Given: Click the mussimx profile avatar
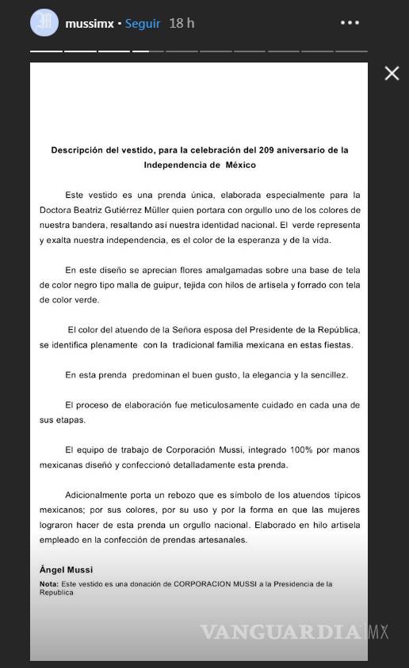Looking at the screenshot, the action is pos(44,22).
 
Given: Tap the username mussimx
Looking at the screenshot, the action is pos(89,24).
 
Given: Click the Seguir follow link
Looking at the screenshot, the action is pos(143,24).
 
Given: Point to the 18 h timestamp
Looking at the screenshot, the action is pos(181,24).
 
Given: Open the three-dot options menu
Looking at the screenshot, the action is pos(350,23).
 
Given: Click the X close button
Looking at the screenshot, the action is pos(392,74).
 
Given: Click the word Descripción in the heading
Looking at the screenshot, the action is pos(78,150).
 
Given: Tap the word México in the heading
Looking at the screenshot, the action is pos(241,165).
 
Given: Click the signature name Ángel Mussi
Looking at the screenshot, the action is pos(66,569).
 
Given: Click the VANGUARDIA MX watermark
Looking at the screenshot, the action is pos(293,632).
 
